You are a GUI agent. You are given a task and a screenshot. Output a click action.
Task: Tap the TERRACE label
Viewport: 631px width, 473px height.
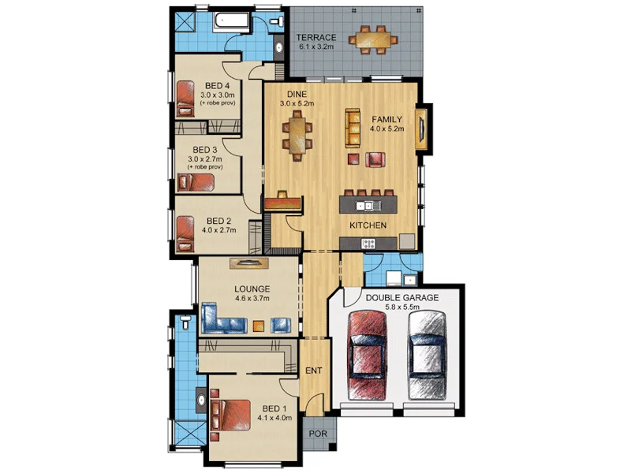pos(316,38)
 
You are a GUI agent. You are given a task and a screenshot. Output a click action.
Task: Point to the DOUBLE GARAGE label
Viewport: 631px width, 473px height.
pos(401,297)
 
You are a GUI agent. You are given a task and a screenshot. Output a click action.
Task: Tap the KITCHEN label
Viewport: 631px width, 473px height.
pos(368,225)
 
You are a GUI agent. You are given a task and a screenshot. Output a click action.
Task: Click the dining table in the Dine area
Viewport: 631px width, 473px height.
pos(297,133)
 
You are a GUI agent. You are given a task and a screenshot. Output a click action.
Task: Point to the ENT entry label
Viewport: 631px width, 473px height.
pos(312,369)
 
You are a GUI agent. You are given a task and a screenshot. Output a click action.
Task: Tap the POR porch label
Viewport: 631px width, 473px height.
pos(318,433)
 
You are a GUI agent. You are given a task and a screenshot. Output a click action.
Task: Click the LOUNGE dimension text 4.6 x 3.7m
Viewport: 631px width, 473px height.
pos(252,299)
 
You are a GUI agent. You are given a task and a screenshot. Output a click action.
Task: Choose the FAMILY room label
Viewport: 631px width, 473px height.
pos(387,119)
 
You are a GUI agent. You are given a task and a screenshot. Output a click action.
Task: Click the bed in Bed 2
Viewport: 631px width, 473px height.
pos(185,234)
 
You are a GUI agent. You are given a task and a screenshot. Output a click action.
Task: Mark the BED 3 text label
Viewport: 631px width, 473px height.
pos(205,149)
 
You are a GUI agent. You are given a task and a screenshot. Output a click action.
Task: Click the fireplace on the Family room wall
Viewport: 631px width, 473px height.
pos(424,128)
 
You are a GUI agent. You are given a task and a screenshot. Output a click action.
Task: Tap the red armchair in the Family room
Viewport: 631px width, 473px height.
pos(375,161)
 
